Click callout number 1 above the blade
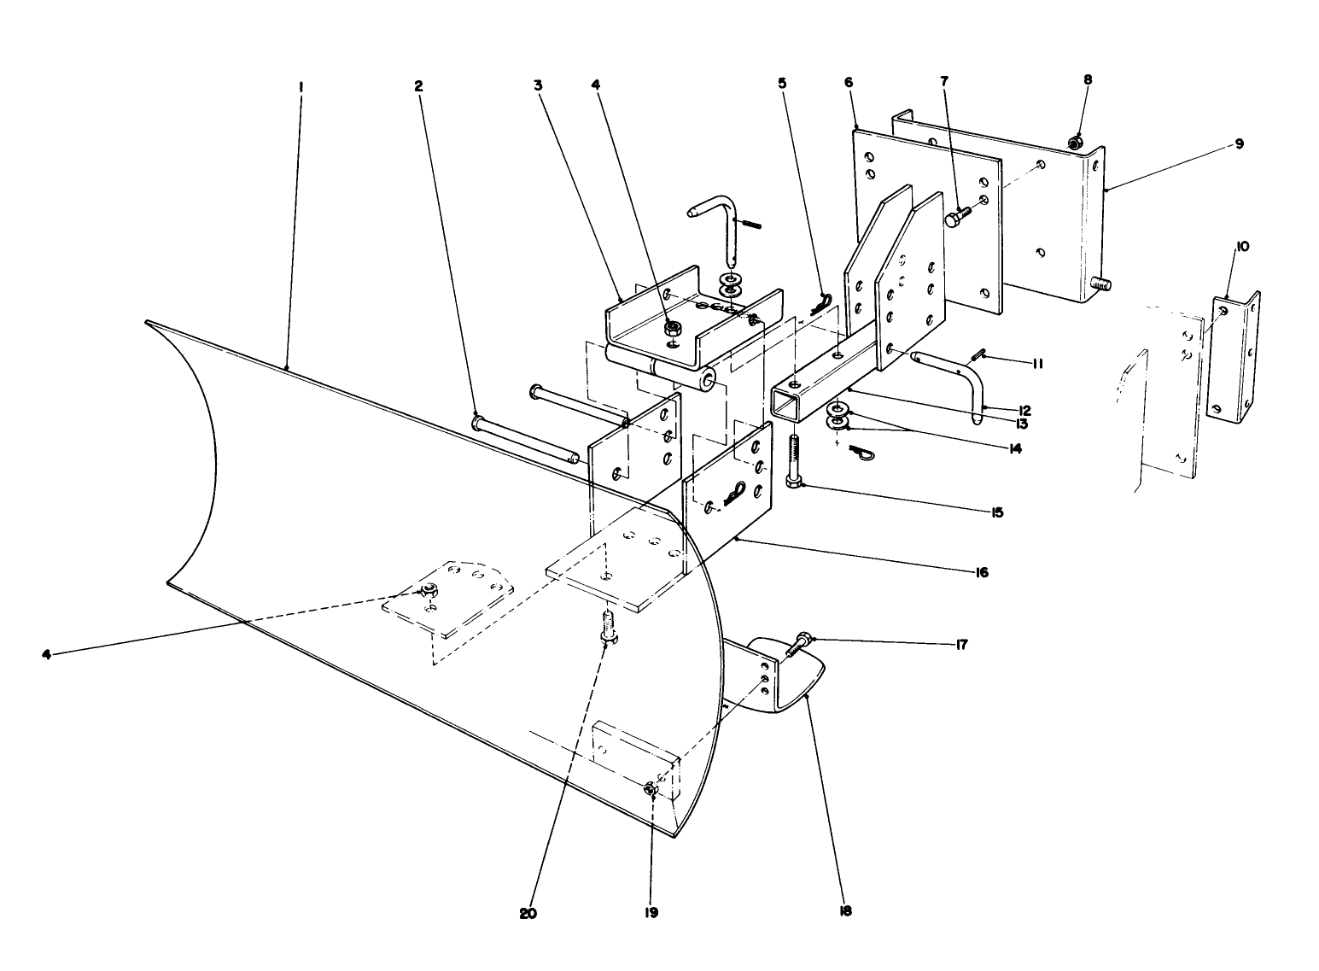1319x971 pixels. coord(301,86)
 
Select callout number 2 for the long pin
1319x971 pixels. coord(418,86)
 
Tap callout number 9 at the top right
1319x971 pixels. coord(1239,144)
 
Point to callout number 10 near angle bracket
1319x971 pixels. coord(1241,247)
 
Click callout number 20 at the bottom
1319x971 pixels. coord(529,912)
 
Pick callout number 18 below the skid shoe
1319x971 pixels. coord(845,911)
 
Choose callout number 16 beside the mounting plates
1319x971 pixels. coord(982,572)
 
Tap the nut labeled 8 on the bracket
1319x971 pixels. coord(1076,141)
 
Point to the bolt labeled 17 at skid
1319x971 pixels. coord(798,646)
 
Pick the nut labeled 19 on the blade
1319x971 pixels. coord(651,790)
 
